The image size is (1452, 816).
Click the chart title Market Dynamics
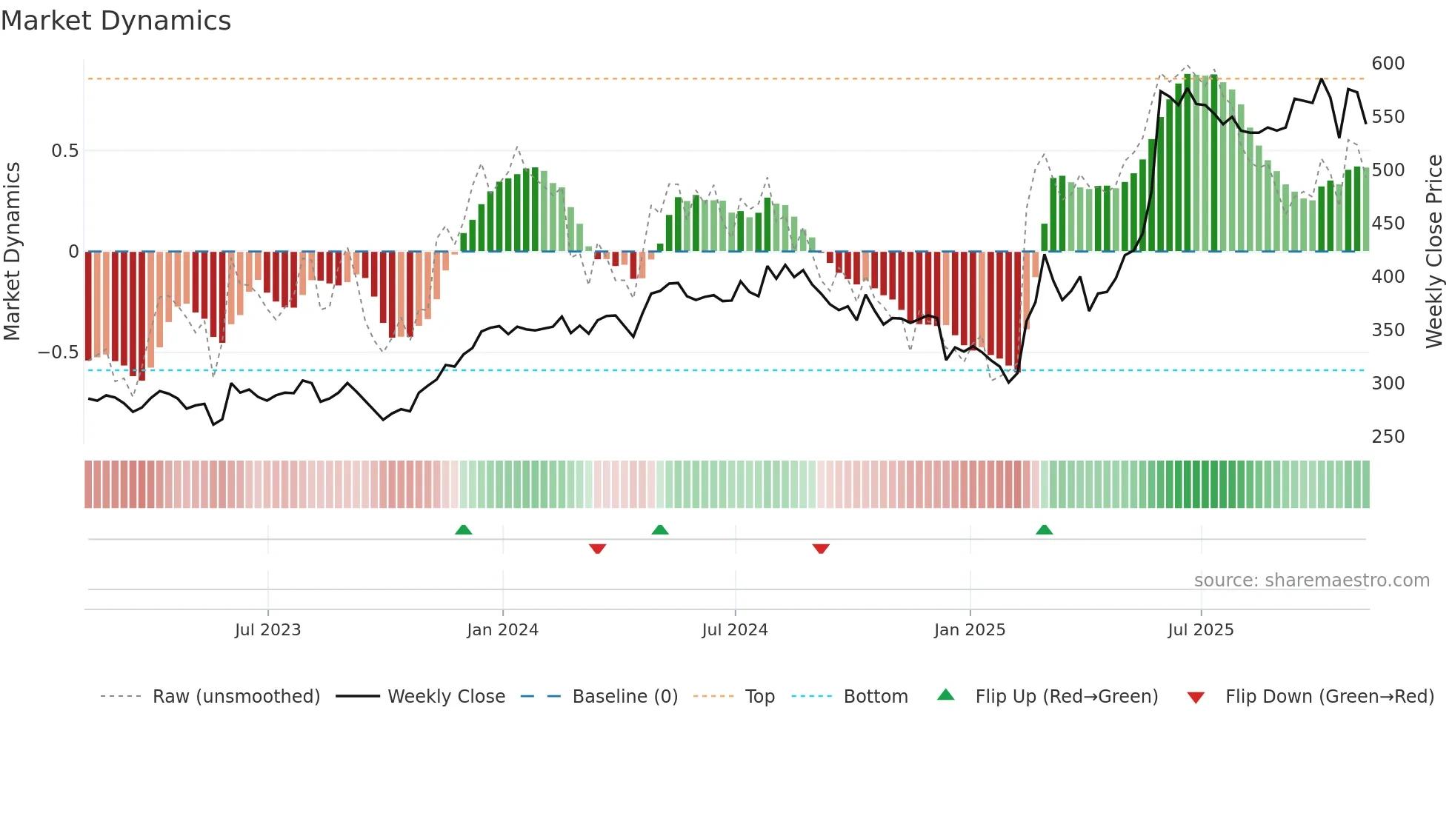[x=116, y=21]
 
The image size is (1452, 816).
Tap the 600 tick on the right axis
[x=1388, y=64]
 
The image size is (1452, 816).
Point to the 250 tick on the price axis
[x=1388, y=437]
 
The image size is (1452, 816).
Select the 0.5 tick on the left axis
[x=64, y=151]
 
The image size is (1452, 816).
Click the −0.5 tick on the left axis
[x=59, y=352]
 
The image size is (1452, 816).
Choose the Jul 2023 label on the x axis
[x=267, y=630]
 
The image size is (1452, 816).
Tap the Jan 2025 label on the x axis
[x=969, y=630]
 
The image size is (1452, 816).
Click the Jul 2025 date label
[x=1200, y=630]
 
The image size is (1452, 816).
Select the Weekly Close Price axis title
[x=1434, y=252]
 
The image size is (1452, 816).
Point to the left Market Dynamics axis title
[x=12, y=252]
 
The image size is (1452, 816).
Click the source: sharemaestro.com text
[x=1311, y=581]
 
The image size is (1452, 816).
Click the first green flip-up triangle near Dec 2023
[x=463, y=530]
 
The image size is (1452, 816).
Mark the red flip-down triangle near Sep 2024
[x=820, y=549]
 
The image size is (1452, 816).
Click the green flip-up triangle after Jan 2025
[x=1044, y=530]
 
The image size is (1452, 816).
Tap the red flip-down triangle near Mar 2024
[x=597, y=549]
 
